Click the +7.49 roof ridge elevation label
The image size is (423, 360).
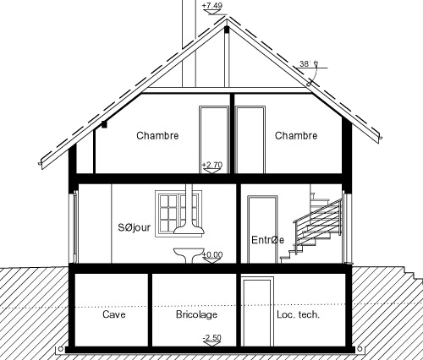[x=212, y=6]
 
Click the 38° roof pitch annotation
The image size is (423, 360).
[x=305, y=63]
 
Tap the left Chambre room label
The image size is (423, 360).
[x=157, y=135]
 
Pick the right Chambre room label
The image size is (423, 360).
[x=296, y=135]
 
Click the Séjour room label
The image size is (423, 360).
[x=135, y=227]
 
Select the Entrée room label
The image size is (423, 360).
[x=267, y=240]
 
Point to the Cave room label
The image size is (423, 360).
[x=114, y=314]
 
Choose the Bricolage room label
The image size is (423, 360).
[x=196, y=314]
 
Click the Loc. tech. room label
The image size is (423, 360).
[x=299, y=314]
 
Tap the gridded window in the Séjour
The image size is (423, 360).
[x=179, y=212]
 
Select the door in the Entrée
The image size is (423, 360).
[x=262, y=230]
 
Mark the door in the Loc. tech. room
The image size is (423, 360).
[x=258, y=312]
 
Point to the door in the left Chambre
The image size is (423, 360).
[x=214, y=139]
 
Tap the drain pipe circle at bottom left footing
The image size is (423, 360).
[x=61, y=349]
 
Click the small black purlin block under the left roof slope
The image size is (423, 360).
[x=104, y=124]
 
